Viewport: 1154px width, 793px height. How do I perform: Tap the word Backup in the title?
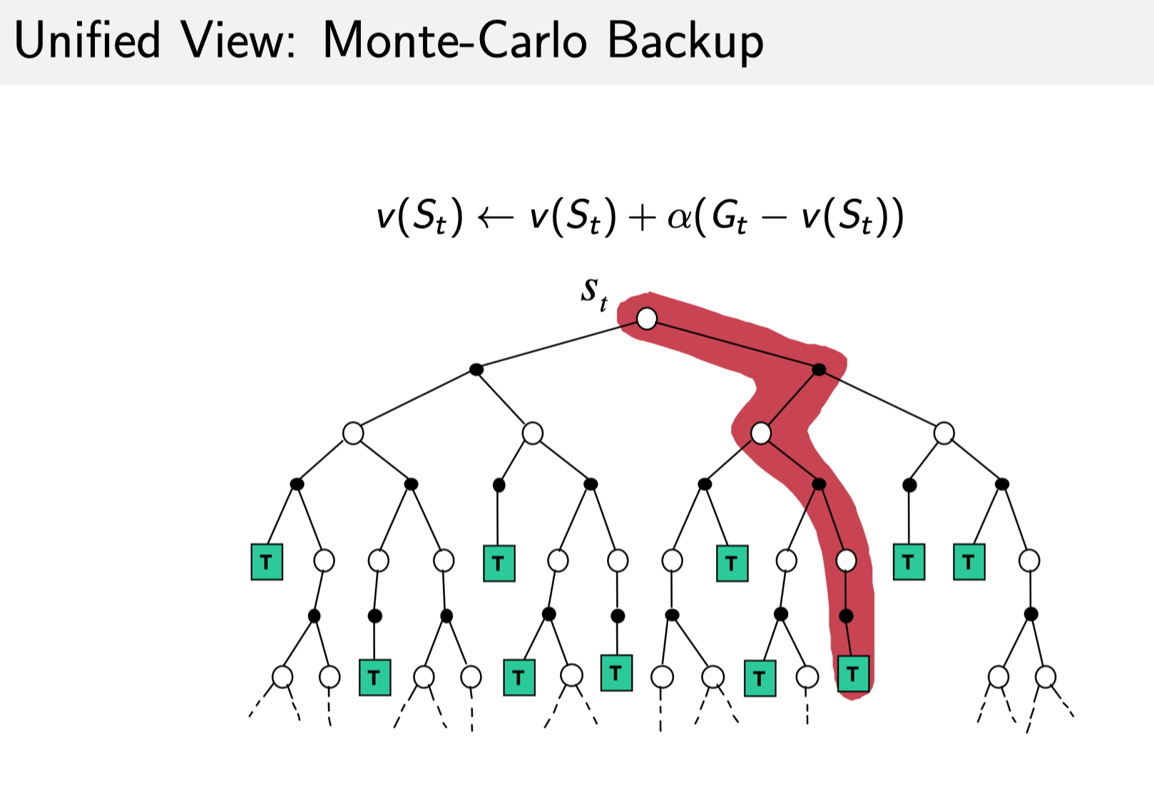[685, 41]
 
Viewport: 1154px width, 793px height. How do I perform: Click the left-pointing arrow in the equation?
[495, 217]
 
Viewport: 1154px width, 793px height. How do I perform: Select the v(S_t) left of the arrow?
[420, 217]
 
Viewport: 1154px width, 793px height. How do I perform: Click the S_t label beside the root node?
[593, 293]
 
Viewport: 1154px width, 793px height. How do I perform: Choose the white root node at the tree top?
[647, 319]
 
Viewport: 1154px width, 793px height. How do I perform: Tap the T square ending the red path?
[853, 673]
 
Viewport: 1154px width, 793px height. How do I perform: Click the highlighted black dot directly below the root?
[819, 369]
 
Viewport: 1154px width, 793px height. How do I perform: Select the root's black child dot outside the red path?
[476, 369]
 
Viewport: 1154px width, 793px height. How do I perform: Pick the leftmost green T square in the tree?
[267, 562]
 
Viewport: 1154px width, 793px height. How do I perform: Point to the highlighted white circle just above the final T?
[846, 561]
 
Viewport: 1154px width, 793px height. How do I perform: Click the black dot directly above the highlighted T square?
[846, 615]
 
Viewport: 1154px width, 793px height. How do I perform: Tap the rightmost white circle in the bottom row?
[1046, 676]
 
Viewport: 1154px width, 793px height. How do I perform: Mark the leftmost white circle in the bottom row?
[282, 676]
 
